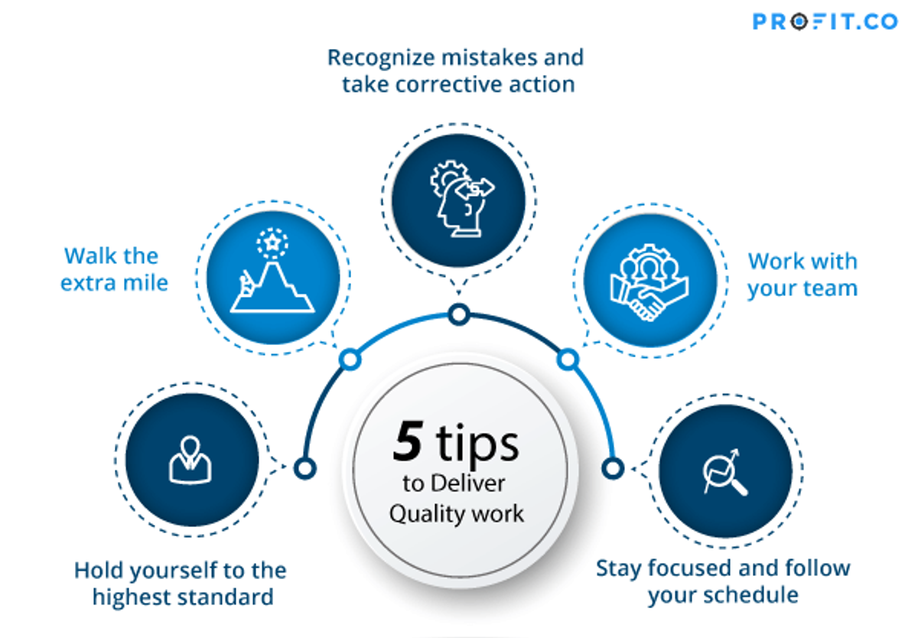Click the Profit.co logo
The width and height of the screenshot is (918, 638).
(825, 21)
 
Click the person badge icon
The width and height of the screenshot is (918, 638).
(190, 460)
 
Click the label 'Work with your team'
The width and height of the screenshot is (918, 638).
(802, 275)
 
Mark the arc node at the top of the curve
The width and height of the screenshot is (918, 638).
(458, 314)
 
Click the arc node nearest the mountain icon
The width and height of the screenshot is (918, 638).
(350, 358)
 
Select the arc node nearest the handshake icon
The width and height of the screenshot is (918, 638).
(567, 358)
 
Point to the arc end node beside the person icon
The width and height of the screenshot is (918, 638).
(304, 467)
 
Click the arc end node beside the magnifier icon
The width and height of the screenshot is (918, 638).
(613, 467)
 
